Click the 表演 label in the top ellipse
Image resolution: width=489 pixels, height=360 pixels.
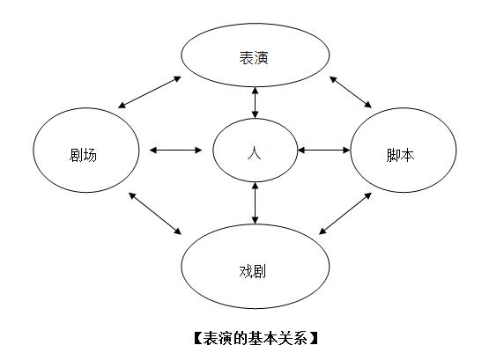pos(254,58)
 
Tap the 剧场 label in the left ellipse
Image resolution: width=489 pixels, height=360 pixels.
pos(83,155)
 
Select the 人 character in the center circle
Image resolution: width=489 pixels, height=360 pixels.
pos(256,151)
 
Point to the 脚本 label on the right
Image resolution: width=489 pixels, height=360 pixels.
pos(400,155)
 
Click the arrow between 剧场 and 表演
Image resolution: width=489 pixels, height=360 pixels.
pos(150,92)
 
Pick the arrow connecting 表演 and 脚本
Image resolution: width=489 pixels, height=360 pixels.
pos(362,92)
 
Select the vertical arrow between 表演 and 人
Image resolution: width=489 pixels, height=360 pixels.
pos(256,103)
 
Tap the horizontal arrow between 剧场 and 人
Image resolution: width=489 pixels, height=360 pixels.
pos(176,151)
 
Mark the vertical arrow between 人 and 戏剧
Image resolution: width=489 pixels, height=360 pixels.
pos(256,202)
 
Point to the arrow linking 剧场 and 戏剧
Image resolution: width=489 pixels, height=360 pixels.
pos(155,213)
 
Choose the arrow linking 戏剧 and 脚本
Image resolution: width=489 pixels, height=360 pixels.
pos(345,213)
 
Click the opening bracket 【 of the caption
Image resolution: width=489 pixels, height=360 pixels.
pos(196,337)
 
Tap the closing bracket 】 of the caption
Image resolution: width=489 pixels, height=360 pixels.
pos(313,337)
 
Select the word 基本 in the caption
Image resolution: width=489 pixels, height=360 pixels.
pos(255,337)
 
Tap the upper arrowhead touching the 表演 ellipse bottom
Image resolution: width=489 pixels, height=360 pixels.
pos(256,88)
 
